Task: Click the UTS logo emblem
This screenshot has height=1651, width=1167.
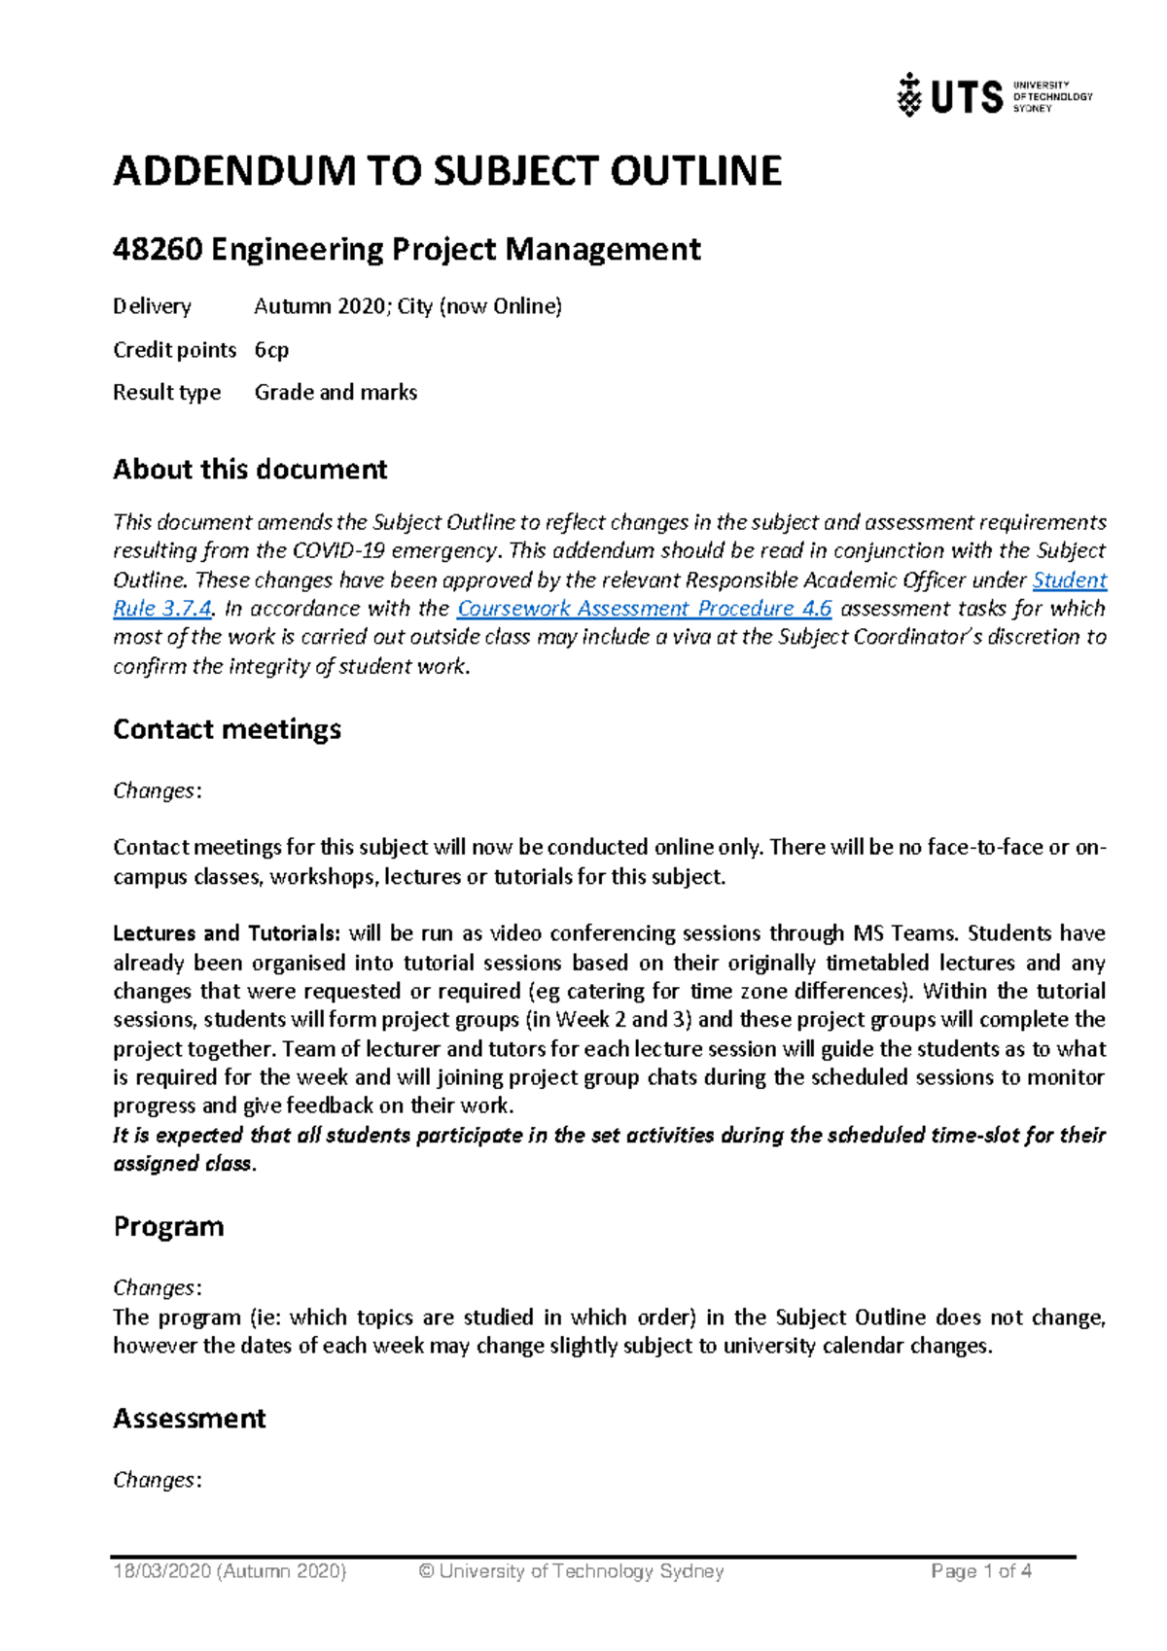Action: point(909,95)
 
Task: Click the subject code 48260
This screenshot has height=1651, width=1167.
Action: point(158,250)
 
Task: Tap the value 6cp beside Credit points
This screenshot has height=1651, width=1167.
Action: point(271,349)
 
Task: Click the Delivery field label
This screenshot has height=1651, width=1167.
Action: point(152,306)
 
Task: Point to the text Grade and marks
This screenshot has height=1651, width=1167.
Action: point(336,392)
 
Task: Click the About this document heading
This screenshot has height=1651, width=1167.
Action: point(250,470)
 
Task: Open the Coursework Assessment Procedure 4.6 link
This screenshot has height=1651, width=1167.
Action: point(644,609)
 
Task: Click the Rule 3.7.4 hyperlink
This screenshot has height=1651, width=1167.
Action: point(162,609)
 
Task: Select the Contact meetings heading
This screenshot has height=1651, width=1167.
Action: point(227,729)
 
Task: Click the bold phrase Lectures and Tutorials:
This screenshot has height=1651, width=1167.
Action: point(227,933)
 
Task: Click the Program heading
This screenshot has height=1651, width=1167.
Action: point(168,1226)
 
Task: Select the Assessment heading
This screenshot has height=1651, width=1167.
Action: point(189,1419)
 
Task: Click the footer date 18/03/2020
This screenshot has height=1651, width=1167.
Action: point(161,1571)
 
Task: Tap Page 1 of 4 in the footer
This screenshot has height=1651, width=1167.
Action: point(980,1571)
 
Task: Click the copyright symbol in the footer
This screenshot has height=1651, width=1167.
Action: point(426,1571)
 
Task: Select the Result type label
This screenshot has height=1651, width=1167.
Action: point(166,392)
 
